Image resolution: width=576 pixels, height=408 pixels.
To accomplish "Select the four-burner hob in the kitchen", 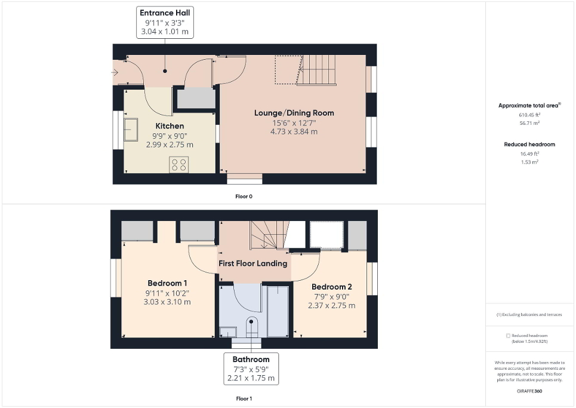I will click(178, 164).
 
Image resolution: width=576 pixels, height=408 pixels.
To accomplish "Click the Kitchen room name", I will click(170, 126).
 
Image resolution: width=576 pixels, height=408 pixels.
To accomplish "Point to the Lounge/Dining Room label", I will click(294, 113).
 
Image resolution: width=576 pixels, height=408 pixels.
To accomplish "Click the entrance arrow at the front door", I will click(115, 73).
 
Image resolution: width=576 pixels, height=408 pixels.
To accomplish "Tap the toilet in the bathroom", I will click(250, 326).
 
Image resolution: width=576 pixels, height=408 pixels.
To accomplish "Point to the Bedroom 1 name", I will click(168, 283).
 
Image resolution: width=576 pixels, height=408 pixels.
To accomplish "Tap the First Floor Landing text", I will click(252, 263).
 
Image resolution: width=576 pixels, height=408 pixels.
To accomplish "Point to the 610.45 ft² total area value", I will click(529, 115).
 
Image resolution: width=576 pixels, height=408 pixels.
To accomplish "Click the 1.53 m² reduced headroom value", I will click(529, 162).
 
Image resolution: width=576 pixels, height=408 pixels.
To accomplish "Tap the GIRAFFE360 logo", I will click(529, 391).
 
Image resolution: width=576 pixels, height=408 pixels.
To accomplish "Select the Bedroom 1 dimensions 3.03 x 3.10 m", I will click(168, 302).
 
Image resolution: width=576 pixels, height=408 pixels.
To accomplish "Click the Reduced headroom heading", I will click(529, 144).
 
